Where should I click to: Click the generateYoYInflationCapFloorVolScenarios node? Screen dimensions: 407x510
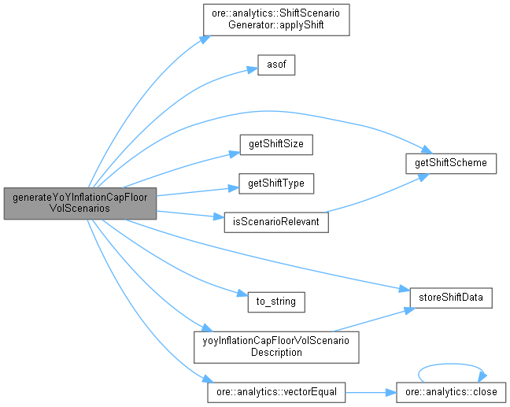[79, 204]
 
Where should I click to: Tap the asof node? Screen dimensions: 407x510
[275, 65]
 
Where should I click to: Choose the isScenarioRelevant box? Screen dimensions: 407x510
[275, 222]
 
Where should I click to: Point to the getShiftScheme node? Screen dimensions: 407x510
[451, 164]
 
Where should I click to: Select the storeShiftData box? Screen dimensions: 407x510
[451, 298]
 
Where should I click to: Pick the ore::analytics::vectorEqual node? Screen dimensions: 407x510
[275, 391]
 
